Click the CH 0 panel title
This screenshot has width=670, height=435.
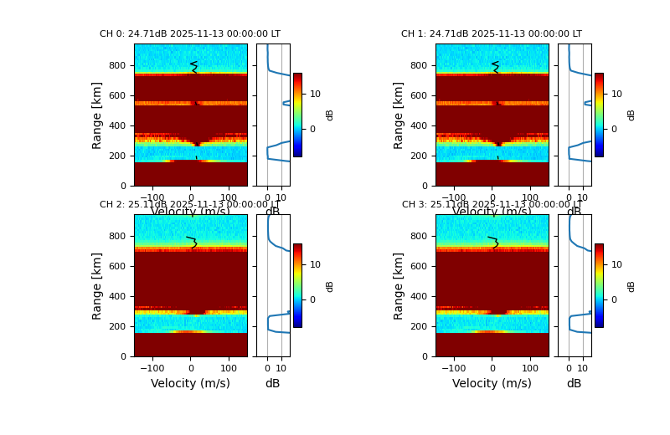pos(190,34)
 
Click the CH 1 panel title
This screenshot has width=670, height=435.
pos(492,34)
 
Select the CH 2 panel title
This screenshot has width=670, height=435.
pos(190,205)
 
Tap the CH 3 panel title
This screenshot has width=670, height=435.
pos(492,205)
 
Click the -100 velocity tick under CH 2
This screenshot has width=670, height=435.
pos(152,367)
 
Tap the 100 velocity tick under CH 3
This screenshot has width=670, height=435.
pos(530,367)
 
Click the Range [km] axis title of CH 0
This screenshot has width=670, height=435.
pos(97,115)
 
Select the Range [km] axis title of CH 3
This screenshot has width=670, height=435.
pos(399,285)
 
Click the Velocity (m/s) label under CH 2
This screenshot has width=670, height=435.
pos(190,383)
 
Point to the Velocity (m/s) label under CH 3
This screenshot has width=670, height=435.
pos(492,383)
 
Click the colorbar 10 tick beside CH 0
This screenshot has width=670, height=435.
pos(315,94)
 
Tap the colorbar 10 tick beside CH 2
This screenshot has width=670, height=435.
pos(315,264)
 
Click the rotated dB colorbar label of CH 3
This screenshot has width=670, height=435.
pos(631,285)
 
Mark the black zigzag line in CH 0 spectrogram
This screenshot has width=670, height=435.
pos(193,66)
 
